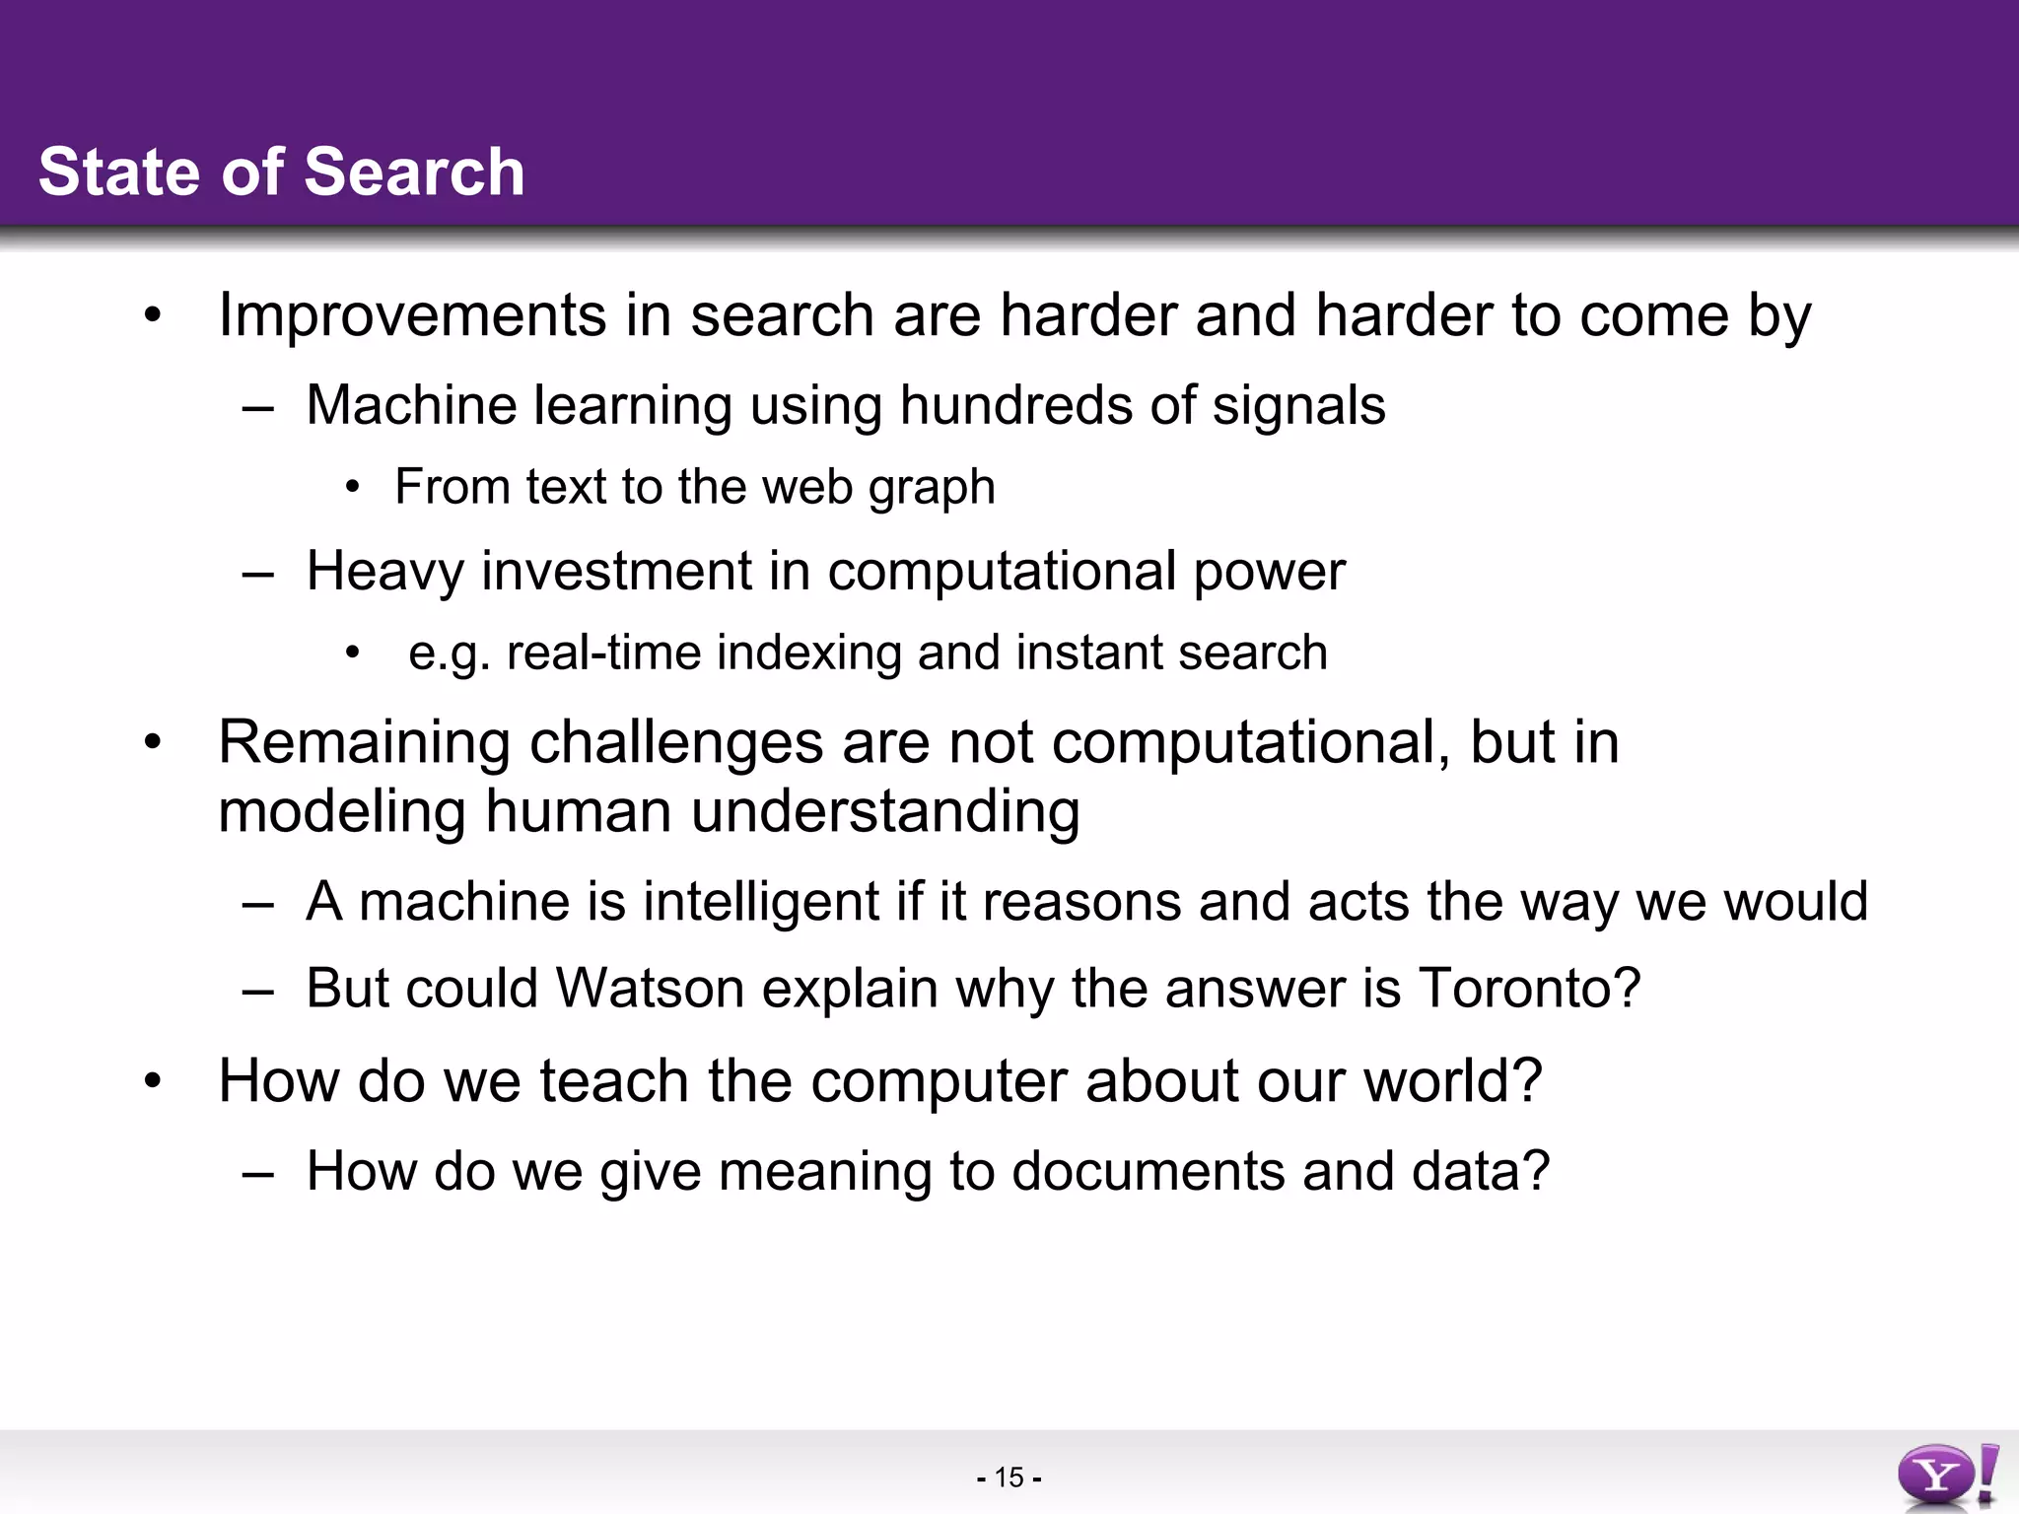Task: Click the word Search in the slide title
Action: point(414,172)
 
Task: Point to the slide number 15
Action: point(1009,1478)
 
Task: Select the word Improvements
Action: point(412,315)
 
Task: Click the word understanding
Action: point(884,811)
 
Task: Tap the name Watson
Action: point(650,988)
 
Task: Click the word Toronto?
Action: point(1530,988)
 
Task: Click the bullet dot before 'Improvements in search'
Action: point(152,316)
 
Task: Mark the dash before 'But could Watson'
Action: point(257,990)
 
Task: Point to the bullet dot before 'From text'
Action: point(353,488)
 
